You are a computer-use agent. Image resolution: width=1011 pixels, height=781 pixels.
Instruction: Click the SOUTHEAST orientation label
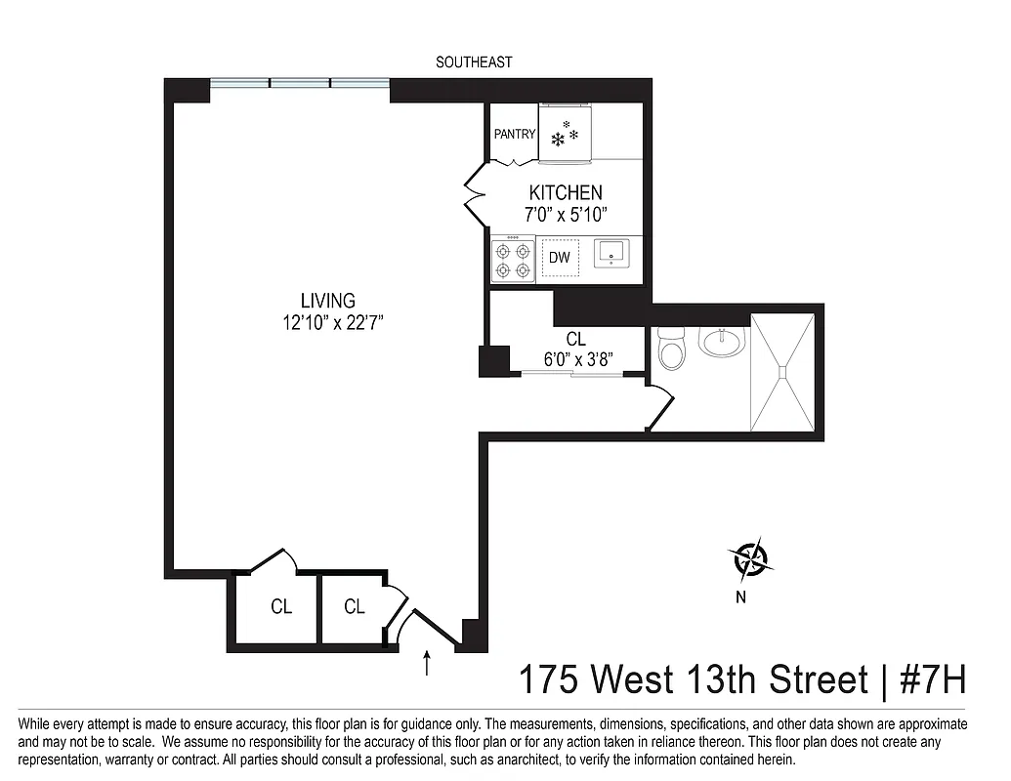[474, 62]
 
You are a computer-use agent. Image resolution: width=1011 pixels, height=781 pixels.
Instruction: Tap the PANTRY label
[514, 134]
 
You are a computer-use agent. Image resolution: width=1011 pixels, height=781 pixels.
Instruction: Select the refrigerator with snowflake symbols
[566, 134]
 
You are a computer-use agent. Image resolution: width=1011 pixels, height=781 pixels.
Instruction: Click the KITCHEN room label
[566, 192]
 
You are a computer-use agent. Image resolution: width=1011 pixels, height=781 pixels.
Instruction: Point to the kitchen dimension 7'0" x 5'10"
[566, 215]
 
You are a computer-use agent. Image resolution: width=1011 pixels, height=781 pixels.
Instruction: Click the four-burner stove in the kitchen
[513, 260]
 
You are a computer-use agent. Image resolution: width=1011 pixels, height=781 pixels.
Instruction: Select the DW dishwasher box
[560, 258]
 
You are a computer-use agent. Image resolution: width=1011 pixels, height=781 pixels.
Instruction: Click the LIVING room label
[327, 301]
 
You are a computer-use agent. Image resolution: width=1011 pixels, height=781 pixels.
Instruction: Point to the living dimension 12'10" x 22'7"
[327, 323]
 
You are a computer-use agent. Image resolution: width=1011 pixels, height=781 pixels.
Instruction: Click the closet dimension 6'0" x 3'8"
[576, 358]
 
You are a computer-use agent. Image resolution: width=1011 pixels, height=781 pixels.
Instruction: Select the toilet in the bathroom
[672, 348]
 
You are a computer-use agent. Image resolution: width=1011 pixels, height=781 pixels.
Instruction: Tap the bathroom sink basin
[722, 341]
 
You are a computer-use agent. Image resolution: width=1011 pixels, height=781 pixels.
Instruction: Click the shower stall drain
[781, 369]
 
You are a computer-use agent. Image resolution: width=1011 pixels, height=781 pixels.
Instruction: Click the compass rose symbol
[751, 559]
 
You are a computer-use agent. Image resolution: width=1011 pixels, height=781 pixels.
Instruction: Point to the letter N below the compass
[740, 598]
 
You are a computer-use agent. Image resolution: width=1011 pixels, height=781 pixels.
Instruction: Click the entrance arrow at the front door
[427, 663]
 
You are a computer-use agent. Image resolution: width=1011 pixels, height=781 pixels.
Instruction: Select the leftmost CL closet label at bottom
[281, 607]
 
